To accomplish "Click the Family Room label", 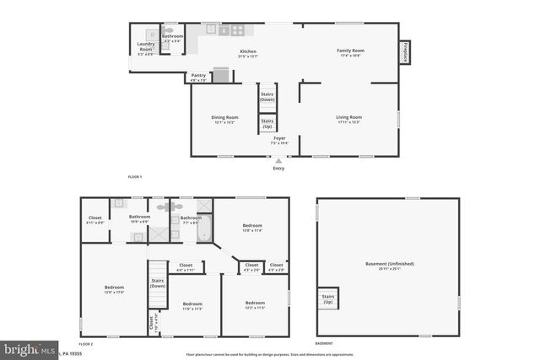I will click(x=349, y=52).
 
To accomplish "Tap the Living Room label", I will click(x=349, y=118).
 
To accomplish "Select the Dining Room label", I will click(x=224, y=118).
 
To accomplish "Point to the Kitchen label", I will click(x=248, y=52).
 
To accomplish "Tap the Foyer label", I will click(x=279, y=138).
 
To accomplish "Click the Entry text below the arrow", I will click(x=278, y=168).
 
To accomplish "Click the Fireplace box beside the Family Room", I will click(x=406, y=52).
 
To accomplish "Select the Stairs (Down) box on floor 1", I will click(x=267, y=96).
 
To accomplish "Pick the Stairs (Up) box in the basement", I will click(x=327, y=299).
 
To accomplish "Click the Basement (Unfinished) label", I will click(x=389, y=265).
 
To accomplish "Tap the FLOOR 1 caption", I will click(x=134, y=176).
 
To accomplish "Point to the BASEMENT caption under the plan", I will click(x=323, y=343).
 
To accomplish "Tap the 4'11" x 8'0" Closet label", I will click(x=95, y=220).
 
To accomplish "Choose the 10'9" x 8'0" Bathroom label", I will click(x=139, y=218).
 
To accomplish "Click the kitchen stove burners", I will click(x=238, y=30).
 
